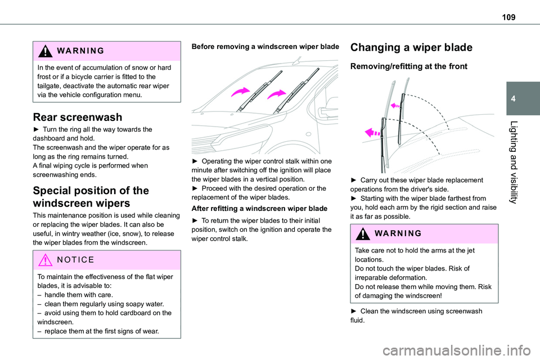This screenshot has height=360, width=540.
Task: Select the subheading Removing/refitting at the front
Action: point(408,66)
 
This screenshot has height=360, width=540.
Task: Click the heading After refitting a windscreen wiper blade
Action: point(259,209)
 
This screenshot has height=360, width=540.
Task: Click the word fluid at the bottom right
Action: point(358,321)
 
